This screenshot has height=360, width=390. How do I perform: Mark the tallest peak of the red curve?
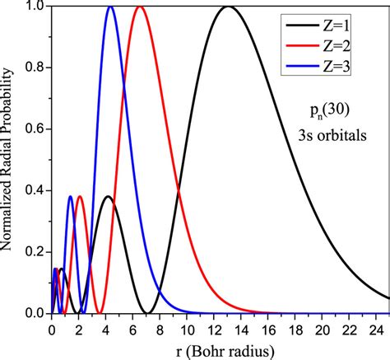click(140, 7)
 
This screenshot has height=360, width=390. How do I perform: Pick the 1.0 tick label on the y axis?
click(33, 7)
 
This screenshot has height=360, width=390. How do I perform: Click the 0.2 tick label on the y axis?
click(33, 252)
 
